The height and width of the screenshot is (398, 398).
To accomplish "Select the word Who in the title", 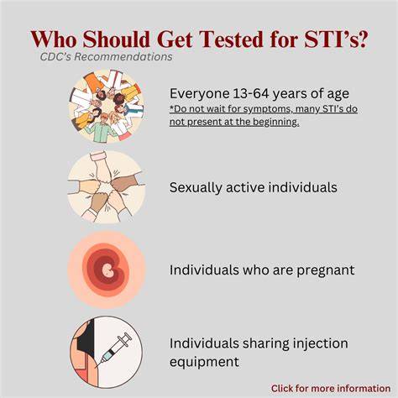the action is coord(54,39).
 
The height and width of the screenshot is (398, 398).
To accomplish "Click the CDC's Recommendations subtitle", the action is coord(106,57).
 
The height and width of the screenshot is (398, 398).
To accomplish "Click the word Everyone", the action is coord(200,94).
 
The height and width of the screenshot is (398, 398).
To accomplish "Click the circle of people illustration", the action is coord(107,107).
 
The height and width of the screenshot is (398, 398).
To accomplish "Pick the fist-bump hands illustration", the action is coord(107,187).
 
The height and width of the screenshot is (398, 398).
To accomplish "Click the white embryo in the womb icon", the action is coord(107,270).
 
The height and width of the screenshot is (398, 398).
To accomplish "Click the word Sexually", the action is coord(196,187).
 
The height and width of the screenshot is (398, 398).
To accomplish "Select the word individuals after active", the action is coord(302,187).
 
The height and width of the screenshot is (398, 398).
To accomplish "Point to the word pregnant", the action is coord(326,270).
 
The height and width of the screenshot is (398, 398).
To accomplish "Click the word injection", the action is coord(320,343).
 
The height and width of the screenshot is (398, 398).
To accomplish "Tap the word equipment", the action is coord(204,362).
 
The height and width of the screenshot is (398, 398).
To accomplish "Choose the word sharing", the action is coord(265,344).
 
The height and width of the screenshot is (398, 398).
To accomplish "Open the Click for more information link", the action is coord(331,389).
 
